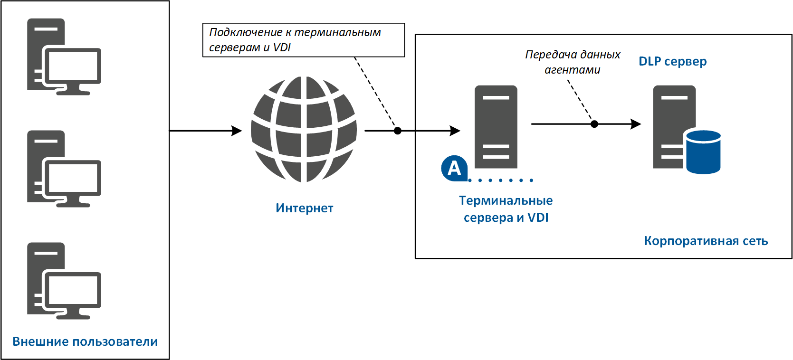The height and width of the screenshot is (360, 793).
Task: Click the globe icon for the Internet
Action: pyautogui.click(x=304, y=129)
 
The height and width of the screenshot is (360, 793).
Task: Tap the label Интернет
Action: pyautogui.click(x=304, y=208)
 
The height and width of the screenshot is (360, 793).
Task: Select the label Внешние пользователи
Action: pyautogui.click(x=85, y=341)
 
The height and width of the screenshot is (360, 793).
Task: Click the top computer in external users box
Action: pyautogui.click(x=64, y=57)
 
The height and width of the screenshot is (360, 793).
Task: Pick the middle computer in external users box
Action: pyautogui.click(x=64, y=169)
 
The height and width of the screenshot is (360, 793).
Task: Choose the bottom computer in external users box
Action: pyautogui.click(x=64, y=281)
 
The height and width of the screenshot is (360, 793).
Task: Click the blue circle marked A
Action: pyautogui.click(x=454, y=168)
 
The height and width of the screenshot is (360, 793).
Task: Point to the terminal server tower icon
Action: pyautogui.click(x=496, y=127)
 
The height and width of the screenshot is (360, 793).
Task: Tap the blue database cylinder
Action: pyautogui.click(x=703, y=152)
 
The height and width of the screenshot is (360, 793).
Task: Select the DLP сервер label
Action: pyautogui.click(x=672, y=61)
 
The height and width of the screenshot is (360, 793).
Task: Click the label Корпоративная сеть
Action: pyautogui.click(x=706, y=241)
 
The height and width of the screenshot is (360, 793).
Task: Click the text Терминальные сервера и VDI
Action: pyautogui.click(x=506, y=209)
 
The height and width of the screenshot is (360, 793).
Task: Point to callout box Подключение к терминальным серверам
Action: pyautogui.click(x=303, y=40)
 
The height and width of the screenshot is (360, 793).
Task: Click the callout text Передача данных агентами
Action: pyautogui.click(x=573, y=62)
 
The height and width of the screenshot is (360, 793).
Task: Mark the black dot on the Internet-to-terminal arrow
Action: pyautogui.click(x=398, y=131)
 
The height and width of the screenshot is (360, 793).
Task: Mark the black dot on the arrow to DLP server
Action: pyautogui.click(x=594, y=124)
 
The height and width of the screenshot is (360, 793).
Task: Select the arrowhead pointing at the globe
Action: pyautogui.click(x=237, y=131)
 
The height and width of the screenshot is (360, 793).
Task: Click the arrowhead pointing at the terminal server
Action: pyautogui.click(x=455, y=131)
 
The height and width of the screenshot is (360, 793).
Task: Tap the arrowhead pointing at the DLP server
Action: pyautogui.click(x=636, y=124)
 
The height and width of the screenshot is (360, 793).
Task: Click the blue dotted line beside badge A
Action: pyautogui.click(x=501, y=180)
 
